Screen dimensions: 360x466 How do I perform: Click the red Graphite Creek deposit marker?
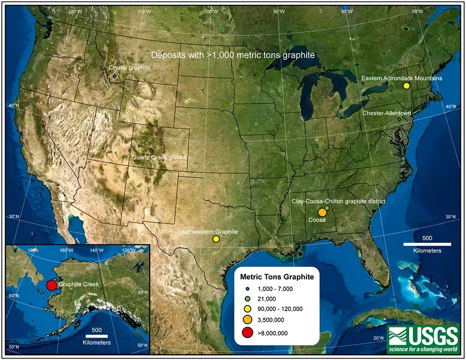pyautogui.click(x=52, y=285)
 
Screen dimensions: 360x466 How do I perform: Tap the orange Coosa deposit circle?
pyautogui.click(x=322, y=212)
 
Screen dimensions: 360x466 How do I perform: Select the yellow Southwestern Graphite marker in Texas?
pyautogui.click(x=216, y=239)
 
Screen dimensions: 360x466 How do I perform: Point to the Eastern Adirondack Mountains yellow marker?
pyautogui.click(x=406, y=86)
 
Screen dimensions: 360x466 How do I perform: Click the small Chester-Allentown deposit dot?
pyautogui.click(x=399, y=120)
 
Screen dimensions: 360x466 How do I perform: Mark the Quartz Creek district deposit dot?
pyautogui.click(x=151, y=151)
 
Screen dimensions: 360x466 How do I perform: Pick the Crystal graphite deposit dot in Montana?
pyautogui.click(x=114, y=76)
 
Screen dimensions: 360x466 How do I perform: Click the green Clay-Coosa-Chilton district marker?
pyautogui.click(x=327, y=207)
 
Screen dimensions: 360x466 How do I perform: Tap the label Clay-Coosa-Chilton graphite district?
pyautogui.click(x=338, y=201)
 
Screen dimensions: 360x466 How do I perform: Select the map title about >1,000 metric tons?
pyautogui.click(x=233, y=55)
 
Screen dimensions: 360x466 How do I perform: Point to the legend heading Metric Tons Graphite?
pyautogui.click(x=276, y=277)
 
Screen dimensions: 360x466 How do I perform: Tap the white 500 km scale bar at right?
pyautogui.click(x=427, y=244)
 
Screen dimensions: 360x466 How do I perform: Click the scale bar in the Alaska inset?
pyautogui.click(x=97, y=336)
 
